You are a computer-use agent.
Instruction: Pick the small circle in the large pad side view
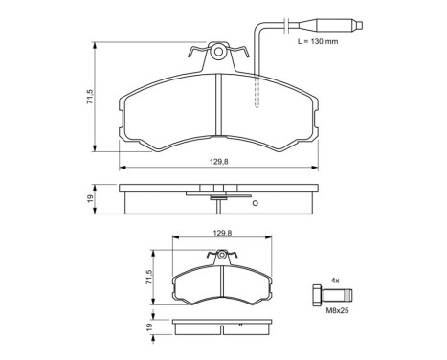(256, 203)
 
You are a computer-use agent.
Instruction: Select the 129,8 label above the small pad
(222, 233)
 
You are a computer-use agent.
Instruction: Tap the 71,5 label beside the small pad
(149, 278)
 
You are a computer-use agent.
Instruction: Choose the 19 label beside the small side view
(149, 328)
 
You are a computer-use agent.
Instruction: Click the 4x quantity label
(334, 280)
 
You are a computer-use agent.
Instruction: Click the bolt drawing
(332, 295)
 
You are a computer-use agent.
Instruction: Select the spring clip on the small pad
(223, 256)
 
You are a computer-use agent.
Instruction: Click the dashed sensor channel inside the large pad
(256, 91)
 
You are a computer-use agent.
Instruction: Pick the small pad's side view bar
(223, 328)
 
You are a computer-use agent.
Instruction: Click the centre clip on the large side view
(219, 198)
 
